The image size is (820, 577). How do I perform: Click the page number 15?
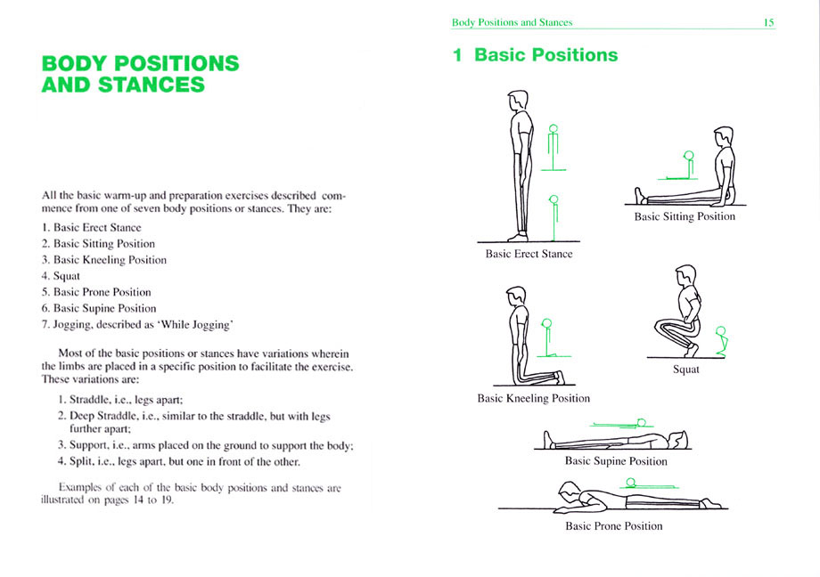click(x=768, y=22)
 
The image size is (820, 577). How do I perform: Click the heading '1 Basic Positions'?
click(x=535, y=55)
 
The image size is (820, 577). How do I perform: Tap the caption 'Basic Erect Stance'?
click(x=529, y=254)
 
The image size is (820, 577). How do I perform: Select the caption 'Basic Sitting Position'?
click(x=685, y=217)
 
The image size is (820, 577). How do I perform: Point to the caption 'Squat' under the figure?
click(x=685, y=370)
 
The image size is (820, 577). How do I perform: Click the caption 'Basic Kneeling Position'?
click(x=533, y=399)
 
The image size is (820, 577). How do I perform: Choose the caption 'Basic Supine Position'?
click(x=616, y=461)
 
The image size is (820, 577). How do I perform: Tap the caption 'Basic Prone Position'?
click(x=614, y=525)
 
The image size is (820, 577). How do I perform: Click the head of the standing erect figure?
click(x=518, y=100)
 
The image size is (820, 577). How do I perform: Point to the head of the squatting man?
click(x=685, y=275)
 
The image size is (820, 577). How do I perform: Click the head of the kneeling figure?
click(x=516, y=297)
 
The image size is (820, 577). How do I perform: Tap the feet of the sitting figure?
click(x=640, y=196)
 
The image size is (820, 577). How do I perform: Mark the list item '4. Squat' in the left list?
click(x=61, y=276)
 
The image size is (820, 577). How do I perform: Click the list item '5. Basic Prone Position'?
click(x=96, y=292)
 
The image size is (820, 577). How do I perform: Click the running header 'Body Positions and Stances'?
click(x=512, y=22)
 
